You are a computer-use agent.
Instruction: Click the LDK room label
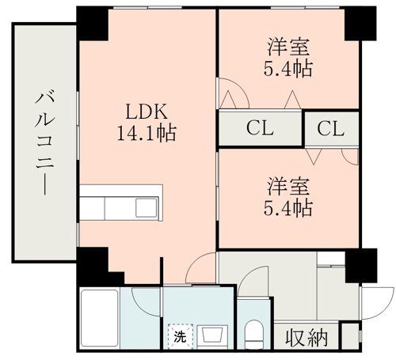147,112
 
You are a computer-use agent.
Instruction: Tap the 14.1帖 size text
147,133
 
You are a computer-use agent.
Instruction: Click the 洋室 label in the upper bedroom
288,47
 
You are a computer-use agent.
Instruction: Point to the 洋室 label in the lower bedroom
288,187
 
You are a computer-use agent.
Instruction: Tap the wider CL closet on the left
260,128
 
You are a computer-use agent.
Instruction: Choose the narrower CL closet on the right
332,129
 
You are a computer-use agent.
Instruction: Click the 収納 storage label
307,338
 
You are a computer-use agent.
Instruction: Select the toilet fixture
254,335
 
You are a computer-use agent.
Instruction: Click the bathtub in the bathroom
100,319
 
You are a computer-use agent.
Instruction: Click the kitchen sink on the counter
147,207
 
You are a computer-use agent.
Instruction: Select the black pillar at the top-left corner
93,23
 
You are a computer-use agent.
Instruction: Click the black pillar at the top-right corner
360,23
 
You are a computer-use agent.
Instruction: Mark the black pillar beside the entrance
361,266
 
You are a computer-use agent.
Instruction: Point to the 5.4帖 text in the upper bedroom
288,69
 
